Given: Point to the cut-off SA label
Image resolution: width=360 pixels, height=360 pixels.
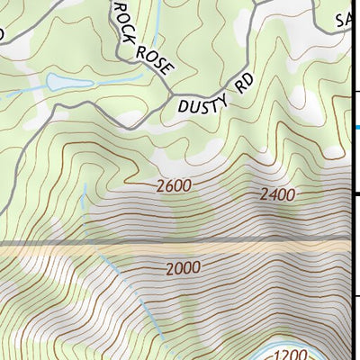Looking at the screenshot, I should [345, 20].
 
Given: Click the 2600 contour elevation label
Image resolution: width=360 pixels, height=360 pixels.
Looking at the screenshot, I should [173, 187].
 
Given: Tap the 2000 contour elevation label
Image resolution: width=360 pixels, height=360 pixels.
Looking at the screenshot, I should [183, 269].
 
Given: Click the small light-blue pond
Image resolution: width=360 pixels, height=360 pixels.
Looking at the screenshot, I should [67, 83].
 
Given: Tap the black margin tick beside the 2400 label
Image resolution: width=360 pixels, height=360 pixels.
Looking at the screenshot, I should [355, 193].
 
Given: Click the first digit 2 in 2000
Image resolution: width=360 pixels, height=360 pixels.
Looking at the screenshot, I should [169, 269].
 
